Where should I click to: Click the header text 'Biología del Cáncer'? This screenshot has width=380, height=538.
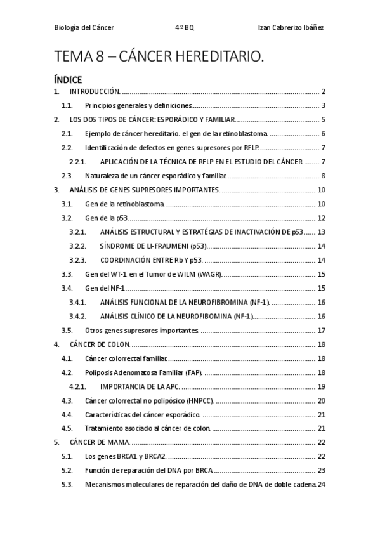click(84, 29)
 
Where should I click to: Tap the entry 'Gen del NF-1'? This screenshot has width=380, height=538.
click(103, 287)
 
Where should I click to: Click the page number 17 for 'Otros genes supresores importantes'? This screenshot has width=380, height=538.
click(321, 330)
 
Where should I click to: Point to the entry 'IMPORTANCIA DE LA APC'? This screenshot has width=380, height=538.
click(140, 386)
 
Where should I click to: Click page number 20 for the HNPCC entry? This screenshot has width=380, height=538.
click(321, 400)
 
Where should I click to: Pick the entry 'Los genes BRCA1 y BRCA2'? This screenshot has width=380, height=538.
click(124, 456)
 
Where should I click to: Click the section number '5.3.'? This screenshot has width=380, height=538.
click(67, 484)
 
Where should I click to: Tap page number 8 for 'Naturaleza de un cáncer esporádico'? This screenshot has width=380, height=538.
click(324, 176)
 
